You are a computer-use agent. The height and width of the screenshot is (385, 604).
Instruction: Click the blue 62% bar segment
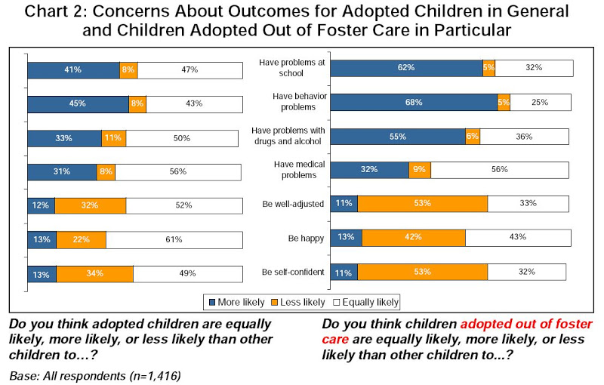point(407,67)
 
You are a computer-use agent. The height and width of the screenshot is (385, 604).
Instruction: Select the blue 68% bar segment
point(414,102)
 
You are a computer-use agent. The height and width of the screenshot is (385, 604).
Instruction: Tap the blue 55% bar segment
point(398,137)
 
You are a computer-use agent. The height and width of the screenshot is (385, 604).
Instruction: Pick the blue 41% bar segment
point(73,69)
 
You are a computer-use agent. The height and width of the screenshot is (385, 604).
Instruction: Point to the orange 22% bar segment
point(80,239)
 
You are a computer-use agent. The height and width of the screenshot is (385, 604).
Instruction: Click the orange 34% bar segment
point(94,273)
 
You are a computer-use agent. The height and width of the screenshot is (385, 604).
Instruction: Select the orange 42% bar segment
point(413,238)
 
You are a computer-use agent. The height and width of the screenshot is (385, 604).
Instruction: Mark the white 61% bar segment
point(174,239)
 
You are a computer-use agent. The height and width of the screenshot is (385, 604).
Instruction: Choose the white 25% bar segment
point(541,102)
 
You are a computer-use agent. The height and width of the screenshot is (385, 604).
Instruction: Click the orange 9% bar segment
point(420,170)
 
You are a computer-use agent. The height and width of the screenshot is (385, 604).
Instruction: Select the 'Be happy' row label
point(306,238)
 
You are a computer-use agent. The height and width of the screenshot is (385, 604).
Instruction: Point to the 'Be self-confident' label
point(293,272)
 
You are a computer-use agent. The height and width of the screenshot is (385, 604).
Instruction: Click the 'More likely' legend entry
point(236,302)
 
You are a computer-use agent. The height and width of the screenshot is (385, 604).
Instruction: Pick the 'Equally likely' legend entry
point(365,302)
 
